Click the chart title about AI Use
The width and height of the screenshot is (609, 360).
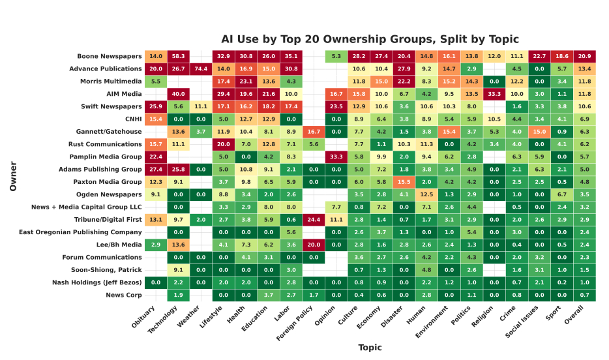(x=370, y=39)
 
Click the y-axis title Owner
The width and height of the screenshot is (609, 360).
(x=13, y=175)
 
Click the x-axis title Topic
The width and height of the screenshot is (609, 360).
(x=370, y=347)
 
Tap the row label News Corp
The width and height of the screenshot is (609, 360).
(x=123, y=295)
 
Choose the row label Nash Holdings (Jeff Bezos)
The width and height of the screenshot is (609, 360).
(x=97, y=282)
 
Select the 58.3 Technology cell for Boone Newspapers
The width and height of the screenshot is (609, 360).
(x=178, y=56)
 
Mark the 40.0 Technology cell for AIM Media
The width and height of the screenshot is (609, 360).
(x=178, y=94)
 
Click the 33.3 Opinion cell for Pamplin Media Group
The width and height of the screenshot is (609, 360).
(x=336, y=157)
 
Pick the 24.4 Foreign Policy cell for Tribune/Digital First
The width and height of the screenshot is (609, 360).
(x=313, y=219)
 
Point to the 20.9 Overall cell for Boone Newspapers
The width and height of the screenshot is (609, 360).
(x=584, y=56)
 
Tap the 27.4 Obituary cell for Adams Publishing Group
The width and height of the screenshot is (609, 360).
(x=155, y=169)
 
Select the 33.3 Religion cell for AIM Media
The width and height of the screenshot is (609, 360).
(x=494, y=94)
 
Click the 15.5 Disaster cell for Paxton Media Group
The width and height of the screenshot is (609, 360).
(x=404, y=182)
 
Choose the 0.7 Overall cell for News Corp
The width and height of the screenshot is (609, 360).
(x=584, y=295)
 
